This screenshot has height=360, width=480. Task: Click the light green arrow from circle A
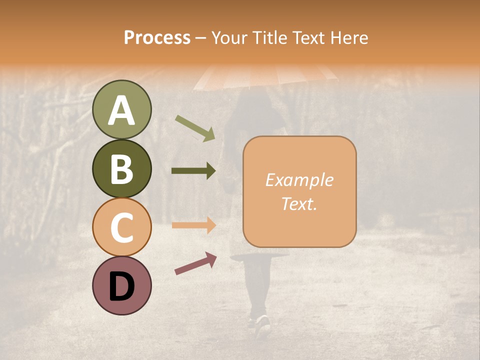point(195,128)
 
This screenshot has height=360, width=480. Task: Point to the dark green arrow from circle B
point(193,171)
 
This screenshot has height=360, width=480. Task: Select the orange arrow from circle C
point(193,225)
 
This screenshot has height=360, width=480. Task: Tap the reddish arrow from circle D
point(195,263)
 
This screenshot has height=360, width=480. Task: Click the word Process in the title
point(157,38)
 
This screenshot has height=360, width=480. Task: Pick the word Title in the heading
point(270,38)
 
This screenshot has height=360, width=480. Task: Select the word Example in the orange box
point(299,180)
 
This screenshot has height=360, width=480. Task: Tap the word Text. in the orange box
point(299,204)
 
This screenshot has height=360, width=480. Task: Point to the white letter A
point(121,110)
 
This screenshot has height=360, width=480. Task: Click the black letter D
point(121,286)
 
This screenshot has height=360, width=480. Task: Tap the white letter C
point(121,227)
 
